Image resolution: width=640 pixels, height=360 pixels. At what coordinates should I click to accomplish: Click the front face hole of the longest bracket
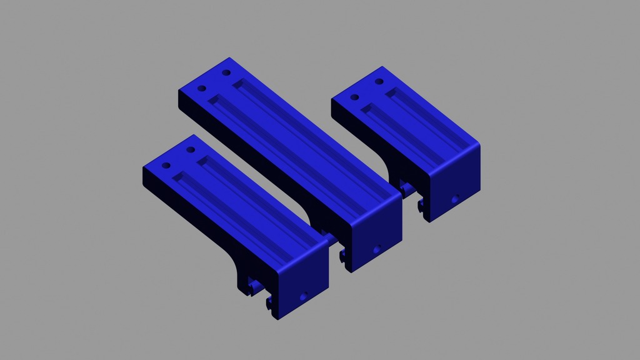[376, 249]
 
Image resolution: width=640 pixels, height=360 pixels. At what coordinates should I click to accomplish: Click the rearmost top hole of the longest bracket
[227, 73]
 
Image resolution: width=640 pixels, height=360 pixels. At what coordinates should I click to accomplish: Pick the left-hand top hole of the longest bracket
[202, 88]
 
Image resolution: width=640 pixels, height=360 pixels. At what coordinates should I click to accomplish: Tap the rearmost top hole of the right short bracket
[379, 82]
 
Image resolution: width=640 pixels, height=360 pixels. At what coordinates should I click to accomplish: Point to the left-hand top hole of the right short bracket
[354, 97]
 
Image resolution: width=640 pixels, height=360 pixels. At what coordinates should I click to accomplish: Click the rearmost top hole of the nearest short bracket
[191, 151]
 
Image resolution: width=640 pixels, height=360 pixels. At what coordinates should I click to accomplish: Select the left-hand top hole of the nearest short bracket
[166, 166]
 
